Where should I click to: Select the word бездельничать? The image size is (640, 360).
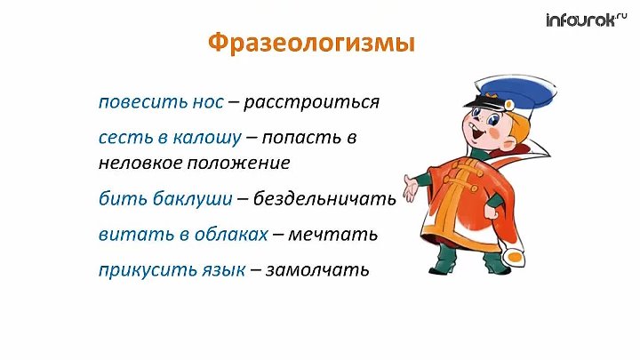[x=324, y=199]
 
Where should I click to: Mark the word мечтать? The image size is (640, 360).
[x=334, y=235]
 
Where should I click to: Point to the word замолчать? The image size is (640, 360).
[x=316, y=269]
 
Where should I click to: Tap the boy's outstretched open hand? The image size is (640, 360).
[x=411, y=186]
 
